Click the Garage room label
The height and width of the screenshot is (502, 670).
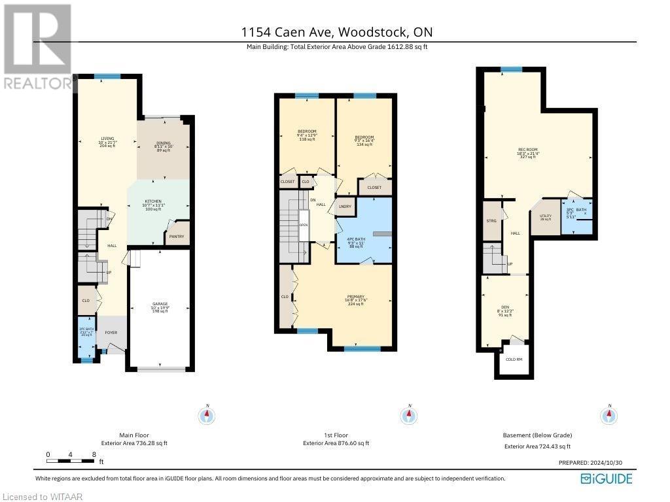point(160,307)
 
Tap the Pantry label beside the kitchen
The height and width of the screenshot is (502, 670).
point(176,237)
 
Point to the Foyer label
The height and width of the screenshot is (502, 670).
point(111,332)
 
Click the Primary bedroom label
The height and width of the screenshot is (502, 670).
point(355,300)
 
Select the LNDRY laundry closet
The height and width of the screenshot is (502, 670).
point(344,207)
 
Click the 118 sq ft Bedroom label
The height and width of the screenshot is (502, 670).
point(307,135)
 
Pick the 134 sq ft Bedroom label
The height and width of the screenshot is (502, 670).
point(364,141)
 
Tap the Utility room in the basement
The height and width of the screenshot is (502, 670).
point(545,218)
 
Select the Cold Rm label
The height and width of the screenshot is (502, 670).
point(514,359)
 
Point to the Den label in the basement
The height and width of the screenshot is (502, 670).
point(504,310)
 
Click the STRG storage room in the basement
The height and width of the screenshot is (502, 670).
point(491,221)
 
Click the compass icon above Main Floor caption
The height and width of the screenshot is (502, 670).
point(207,415)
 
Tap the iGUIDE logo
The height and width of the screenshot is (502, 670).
point(607,478)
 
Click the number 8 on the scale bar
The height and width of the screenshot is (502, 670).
point(94,454)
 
